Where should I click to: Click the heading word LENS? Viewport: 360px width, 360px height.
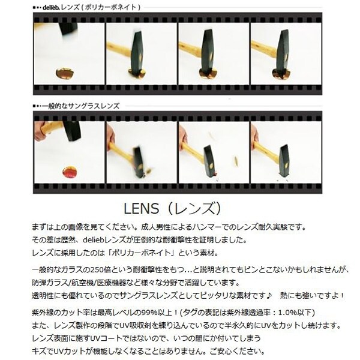point(141,208)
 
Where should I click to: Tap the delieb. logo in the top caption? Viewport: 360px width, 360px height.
point(51,7)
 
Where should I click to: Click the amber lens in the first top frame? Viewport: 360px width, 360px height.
point(65,73)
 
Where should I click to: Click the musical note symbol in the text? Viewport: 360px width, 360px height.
point(269,295)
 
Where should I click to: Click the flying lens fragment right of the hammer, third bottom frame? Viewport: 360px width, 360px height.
point(235,160)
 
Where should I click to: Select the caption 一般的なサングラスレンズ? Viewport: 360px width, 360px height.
point(81,106)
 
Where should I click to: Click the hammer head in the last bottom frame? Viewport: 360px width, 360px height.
point(284,160)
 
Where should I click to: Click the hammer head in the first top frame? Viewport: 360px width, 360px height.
point(68,29)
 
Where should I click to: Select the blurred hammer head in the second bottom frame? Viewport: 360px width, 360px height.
point(139,161)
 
